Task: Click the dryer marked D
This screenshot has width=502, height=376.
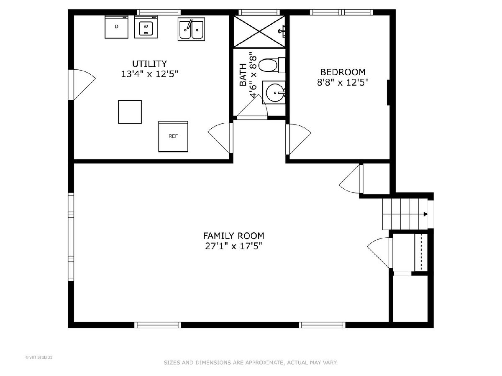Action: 116,27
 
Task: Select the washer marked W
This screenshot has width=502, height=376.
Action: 146,27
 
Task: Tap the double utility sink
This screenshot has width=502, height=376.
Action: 191,29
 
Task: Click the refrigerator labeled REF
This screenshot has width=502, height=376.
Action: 173,136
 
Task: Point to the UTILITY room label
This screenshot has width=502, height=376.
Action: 149,64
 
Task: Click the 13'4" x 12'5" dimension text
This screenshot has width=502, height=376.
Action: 149,74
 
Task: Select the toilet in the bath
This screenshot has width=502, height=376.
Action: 271,65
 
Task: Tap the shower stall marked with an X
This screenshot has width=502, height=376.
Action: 259,31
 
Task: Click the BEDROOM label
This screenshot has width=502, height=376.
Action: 343,72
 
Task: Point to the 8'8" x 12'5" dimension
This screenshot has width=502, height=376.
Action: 343,82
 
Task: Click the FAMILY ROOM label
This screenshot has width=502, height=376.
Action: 233,236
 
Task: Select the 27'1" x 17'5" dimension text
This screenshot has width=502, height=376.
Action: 233,246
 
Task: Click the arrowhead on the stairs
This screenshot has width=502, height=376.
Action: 425,214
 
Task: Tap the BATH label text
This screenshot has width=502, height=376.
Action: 243,75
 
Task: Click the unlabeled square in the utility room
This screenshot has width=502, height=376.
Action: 130,112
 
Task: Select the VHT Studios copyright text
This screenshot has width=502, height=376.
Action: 39,357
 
